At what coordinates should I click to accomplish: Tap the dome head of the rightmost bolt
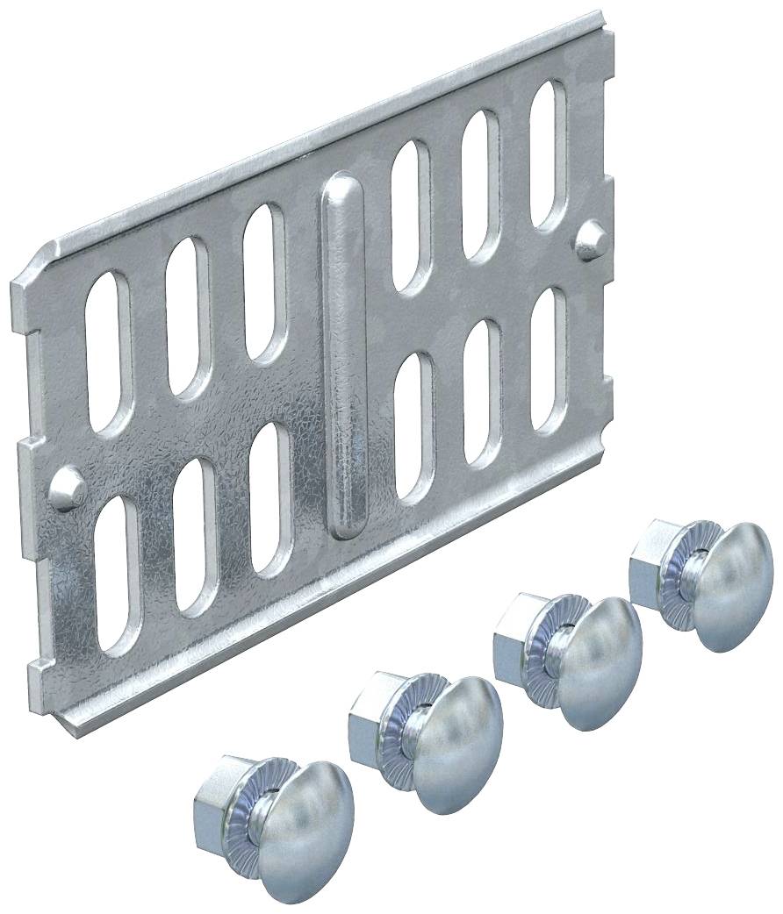[x=734, y=588]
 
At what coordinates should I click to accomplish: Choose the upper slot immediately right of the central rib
[x=410, y=215]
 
